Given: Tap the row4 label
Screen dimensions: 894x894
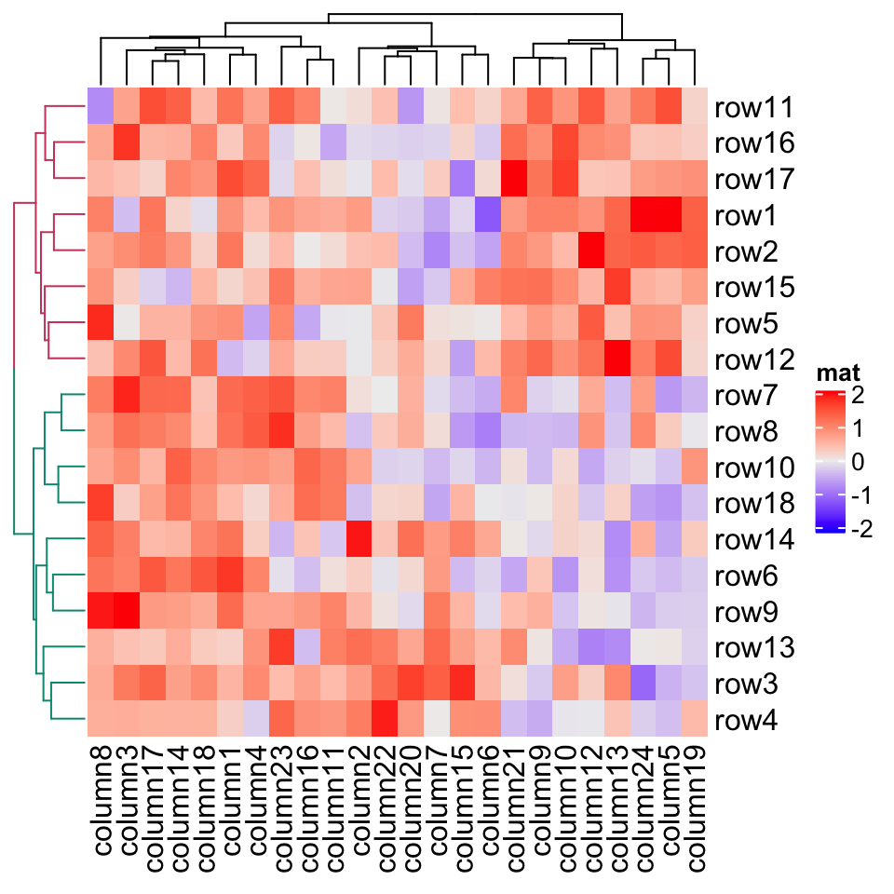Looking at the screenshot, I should click(746, 721).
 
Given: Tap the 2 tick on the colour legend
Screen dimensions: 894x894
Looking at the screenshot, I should click(857, 397).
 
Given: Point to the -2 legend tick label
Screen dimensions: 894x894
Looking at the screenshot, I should click(861, 529).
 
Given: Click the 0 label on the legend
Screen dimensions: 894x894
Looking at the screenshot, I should click(857, 463).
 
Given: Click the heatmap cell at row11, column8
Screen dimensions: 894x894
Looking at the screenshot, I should click(100, 107).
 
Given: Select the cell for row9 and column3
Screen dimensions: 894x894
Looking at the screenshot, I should click(126, 612).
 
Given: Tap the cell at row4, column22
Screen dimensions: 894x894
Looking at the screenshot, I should click(384, 720).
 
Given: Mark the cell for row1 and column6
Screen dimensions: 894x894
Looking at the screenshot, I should click(487, 215).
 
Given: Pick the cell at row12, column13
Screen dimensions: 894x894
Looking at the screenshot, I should click(616, 359).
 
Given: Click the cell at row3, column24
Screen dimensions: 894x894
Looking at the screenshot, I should click(643, 684).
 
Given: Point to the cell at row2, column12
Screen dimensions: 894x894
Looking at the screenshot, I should click(590, 251).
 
